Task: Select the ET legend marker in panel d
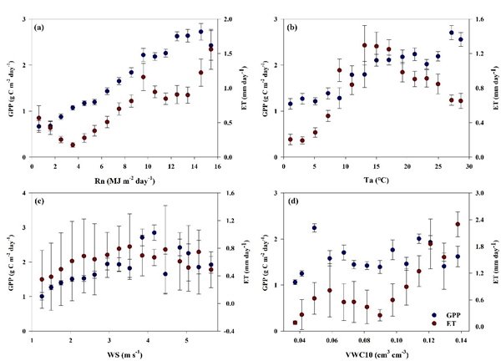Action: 427,321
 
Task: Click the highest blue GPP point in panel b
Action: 452,33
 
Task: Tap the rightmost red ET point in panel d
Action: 458,224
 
